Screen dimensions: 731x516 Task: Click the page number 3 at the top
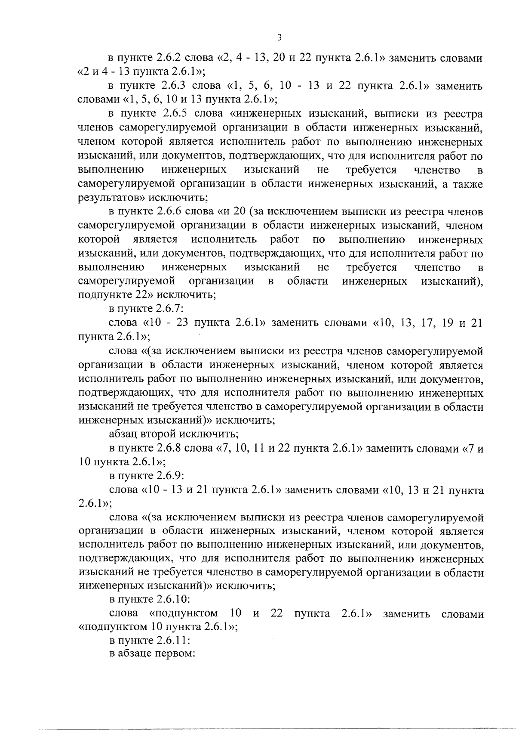pos(279,37)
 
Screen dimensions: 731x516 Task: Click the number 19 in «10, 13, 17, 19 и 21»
pos(448,323)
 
